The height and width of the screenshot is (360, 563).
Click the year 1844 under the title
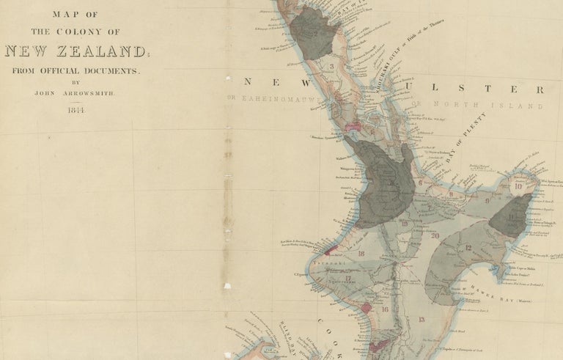76,110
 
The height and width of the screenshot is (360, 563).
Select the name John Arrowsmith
76,93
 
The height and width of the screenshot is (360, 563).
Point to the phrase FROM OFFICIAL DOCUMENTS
76,71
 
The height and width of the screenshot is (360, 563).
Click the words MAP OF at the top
76,13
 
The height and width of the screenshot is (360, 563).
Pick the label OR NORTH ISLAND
477,106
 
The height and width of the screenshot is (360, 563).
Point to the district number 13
422,320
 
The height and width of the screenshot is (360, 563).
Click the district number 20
435,236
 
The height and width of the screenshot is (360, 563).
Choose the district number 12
467,248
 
